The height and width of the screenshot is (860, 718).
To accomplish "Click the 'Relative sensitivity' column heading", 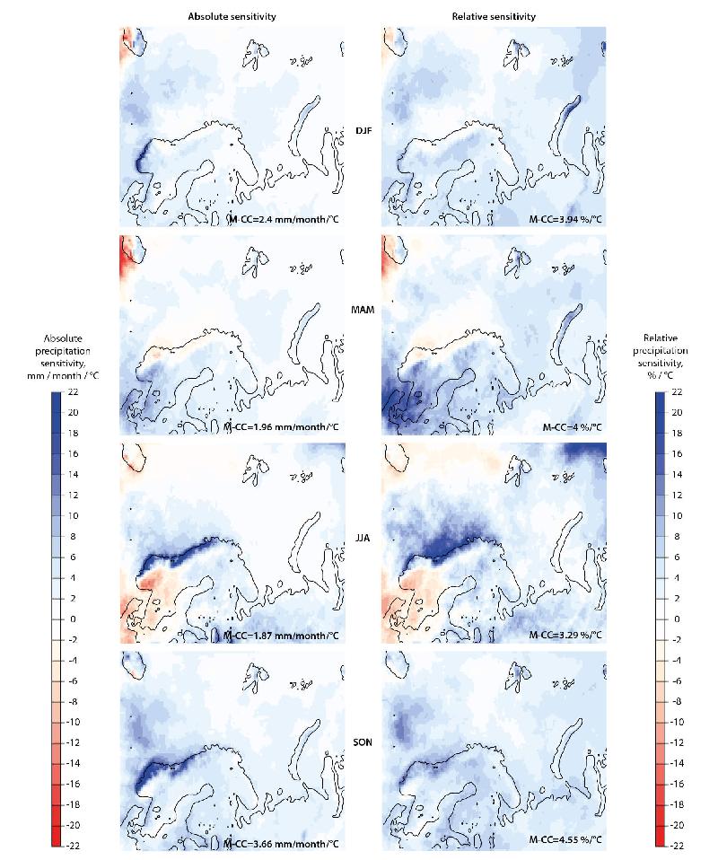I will (494, 15).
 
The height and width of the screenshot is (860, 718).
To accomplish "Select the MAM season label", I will (363, 308).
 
